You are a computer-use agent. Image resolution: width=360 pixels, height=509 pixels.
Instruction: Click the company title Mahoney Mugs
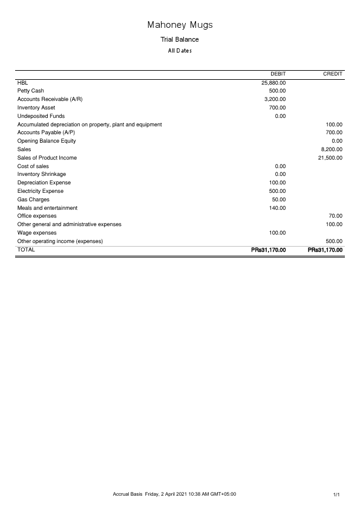[x=180, y=25]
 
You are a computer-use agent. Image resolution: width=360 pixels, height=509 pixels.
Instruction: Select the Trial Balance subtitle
[x=180, y=39]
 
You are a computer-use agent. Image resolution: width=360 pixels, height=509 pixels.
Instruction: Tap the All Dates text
[x=180, y=51]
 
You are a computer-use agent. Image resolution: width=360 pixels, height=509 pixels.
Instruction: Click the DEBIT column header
[x=278, y=74]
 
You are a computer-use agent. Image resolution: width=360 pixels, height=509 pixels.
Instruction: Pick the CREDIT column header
[x=333, y=74]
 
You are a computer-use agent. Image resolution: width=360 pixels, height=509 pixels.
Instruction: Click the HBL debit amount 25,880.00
[x=273, y=83]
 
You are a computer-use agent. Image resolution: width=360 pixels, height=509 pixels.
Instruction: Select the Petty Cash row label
[x=31, y=91]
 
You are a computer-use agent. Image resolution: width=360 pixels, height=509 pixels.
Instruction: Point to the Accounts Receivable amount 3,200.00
[x=275, y=99]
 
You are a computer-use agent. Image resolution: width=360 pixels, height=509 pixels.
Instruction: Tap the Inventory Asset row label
[x=36, y=108]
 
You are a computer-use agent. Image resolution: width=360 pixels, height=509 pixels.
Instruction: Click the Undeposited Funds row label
[x=41, y=116]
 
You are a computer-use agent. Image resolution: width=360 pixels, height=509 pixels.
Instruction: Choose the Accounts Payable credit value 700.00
[x=334, y=132]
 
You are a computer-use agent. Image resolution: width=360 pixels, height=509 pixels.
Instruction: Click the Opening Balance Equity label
[x=47, y=141]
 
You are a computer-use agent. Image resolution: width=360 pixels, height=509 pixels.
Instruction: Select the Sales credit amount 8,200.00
[x=332, y=149]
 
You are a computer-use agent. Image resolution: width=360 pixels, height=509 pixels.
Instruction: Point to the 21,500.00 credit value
[x=330, y=158]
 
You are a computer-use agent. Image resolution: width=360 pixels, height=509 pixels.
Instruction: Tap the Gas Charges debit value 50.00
[x=279, y=199]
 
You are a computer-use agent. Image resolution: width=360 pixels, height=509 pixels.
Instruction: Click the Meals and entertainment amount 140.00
[x=277, y=208]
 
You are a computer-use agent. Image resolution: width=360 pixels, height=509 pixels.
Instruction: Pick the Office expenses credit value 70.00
[x=335, y=216]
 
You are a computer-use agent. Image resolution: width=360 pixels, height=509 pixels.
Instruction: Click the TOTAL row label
[x=27, y=249]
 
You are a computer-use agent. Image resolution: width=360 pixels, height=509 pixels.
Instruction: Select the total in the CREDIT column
[x=325, y=250]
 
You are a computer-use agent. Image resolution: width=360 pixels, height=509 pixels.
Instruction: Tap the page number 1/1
[x=338, y=495]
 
